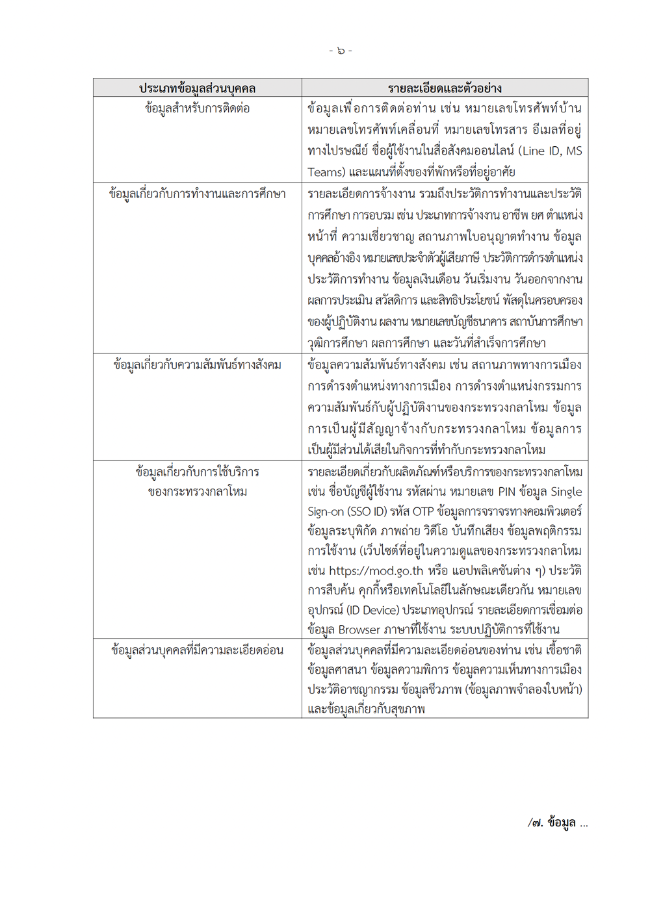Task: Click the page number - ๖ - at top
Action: pos(341,51)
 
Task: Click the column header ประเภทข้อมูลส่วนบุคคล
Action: pos(197,88)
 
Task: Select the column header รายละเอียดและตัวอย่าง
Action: pos(445,88)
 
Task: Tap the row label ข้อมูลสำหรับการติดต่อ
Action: pos(197,108)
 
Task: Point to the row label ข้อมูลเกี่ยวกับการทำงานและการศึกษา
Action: pos(197,194)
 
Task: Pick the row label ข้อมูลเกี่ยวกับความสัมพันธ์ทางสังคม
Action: pos(197,365)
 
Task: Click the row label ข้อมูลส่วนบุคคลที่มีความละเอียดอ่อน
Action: pos(197,650)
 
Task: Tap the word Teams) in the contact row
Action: pos(326,172)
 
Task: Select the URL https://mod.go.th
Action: pos(376,571)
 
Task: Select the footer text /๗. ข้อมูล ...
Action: pos(557,822)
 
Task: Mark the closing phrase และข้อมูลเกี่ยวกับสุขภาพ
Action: pos(366,709)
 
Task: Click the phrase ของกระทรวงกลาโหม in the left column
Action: pos(197,492)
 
